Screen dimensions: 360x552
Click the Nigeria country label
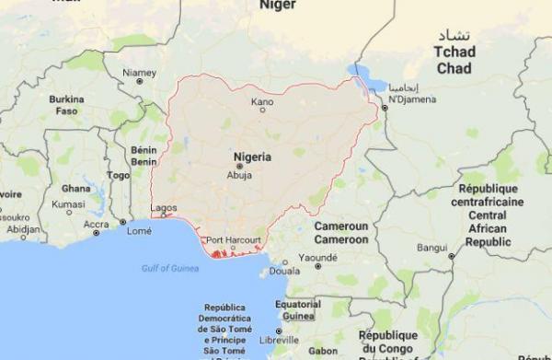click(252, 157)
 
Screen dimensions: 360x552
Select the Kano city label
click(262, 100)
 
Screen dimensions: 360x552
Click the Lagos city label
click(162, 208)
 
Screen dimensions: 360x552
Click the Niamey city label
click(139, 70)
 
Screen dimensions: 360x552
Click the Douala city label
click(287, 273)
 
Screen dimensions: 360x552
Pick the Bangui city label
click(431, 247)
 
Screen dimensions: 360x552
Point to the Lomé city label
click(140, 231)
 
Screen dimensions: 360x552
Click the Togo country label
click(118, 175)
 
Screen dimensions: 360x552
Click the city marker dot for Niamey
click(139, 81)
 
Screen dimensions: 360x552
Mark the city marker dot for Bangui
click(451, 254)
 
